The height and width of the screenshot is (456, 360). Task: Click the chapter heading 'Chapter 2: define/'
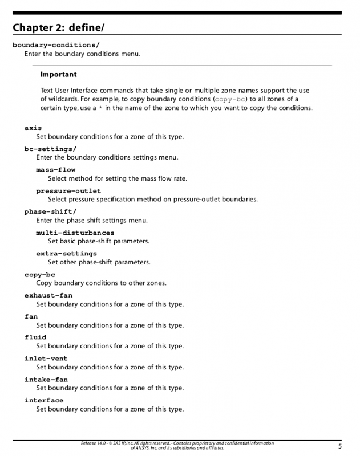[x=59, y=27]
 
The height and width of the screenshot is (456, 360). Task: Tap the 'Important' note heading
[x=58, y=75]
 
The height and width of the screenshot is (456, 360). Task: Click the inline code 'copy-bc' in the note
[x=230, y=99]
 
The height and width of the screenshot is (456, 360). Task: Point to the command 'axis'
[x=33, y=128]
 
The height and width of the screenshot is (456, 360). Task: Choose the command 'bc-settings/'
[x=50, y=149]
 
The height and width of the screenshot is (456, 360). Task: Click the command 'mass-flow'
[x=55, y=170]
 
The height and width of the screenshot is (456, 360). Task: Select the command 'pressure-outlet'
[x=68, y=191]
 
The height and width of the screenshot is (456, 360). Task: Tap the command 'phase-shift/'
[x=50, y=211]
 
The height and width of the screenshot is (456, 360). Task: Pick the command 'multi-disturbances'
[x=75, y=233]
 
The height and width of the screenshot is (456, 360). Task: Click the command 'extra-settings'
[x=66, y=254]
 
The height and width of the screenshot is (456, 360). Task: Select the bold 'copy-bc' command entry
[x=40, y=275]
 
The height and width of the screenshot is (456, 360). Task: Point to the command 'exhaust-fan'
[x=48, y=296]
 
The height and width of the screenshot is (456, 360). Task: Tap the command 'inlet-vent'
[x=46, y=359]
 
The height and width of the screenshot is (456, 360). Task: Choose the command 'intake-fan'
[x=46, y=380]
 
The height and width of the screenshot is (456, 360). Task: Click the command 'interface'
[x=44, y=401]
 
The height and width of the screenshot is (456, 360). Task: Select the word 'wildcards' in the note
[x=64, y=99]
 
